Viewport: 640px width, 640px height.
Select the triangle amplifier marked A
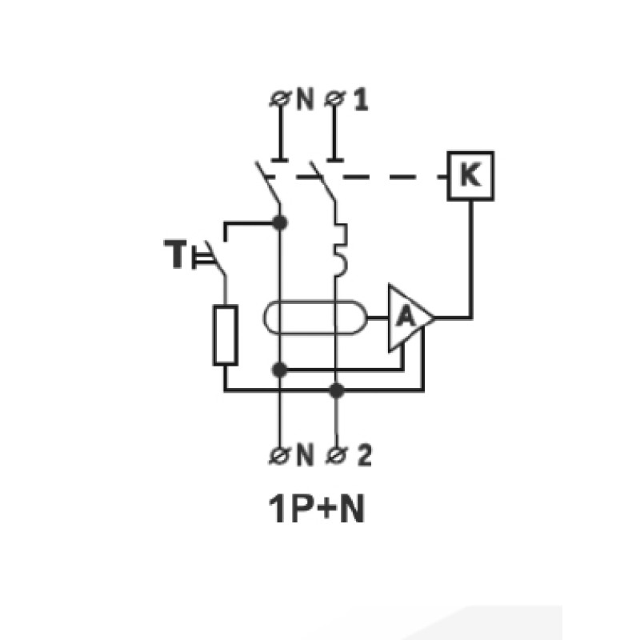click(x=410, y=318)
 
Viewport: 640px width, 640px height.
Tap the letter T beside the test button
click(x=175, y=254)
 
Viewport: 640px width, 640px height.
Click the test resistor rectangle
click(x=225, y=335)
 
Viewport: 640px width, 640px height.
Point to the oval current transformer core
click(x=314, y=302)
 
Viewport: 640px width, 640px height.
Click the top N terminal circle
click(x=280, y=98)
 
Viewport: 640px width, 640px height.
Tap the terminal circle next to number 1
click(x=334, y=98)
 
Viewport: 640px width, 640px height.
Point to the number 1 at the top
click(x=361, y=99)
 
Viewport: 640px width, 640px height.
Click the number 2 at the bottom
click(x=364, y=455)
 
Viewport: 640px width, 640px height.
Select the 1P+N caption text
click(x=316, y=509)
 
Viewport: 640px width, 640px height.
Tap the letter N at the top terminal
click(x=305, y=99)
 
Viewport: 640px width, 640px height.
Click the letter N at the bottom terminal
click(x=305, y=455)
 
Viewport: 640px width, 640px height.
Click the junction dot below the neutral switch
click(x=279, y=222)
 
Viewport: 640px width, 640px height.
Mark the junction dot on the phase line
click(x=336, y=390)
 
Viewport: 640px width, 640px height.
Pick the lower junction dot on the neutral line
click(x=279, y=370)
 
